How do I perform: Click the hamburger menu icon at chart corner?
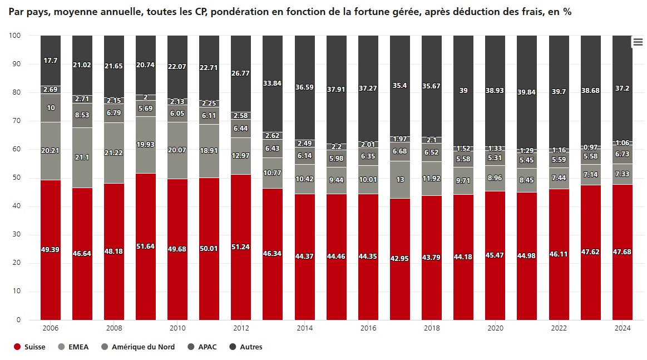638,42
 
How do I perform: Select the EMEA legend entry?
78,347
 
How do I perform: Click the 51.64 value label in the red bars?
146,246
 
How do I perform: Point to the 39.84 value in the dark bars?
526,92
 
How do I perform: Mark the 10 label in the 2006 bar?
51,108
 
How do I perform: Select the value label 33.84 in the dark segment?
273,83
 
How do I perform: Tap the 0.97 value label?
590,147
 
